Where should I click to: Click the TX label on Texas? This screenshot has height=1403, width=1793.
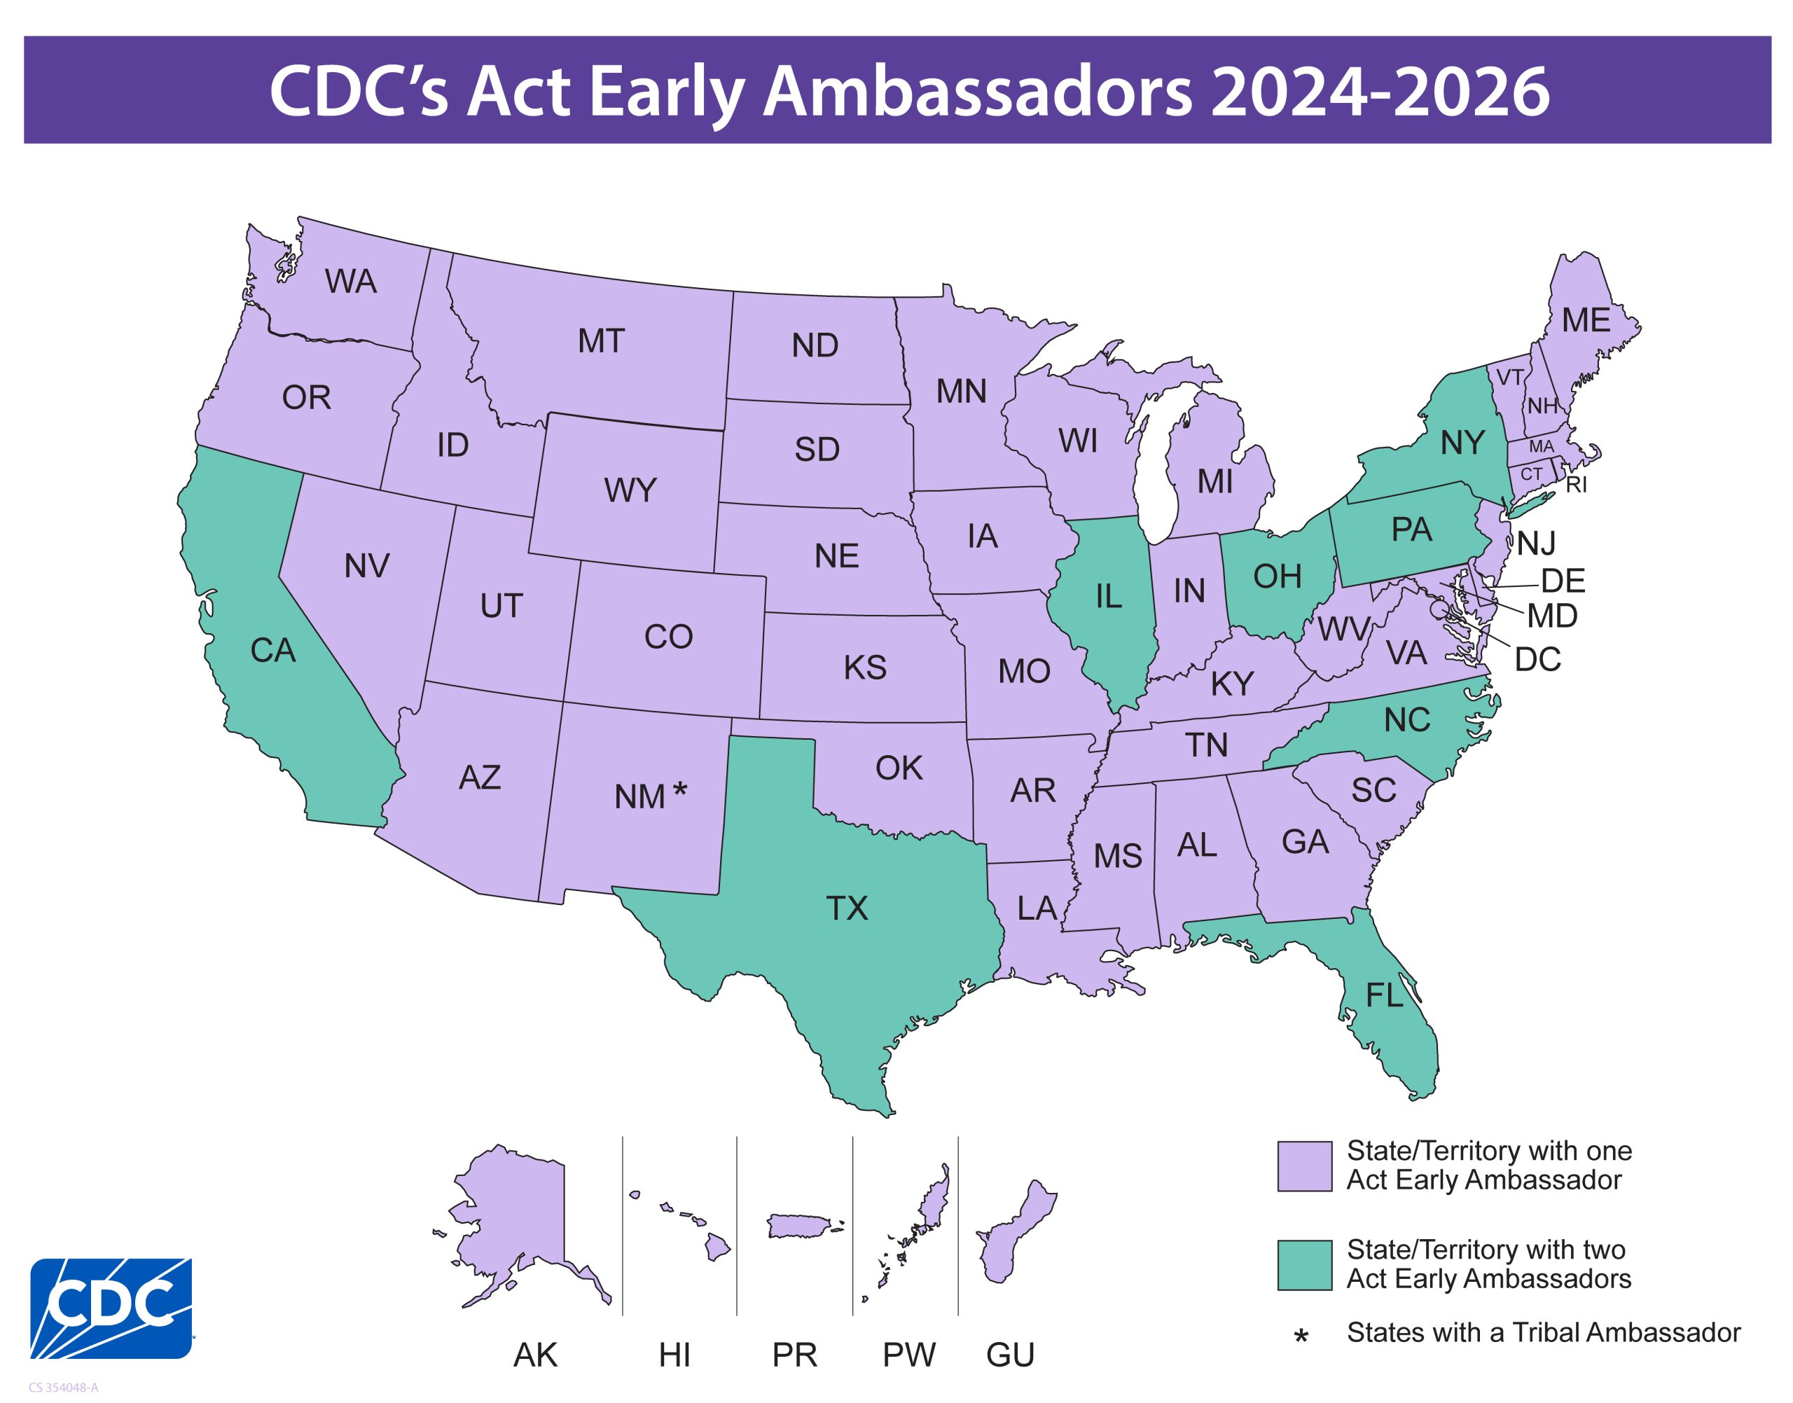846,908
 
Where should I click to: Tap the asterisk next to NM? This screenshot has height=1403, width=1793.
679,791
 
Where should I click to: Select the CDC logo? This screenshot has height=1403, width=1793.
111,1308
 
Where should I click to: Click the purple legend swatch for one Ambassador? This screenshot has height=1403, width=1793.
1304,1166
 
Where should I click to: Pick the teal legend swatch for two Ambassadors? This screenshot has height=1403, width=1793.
1304,1265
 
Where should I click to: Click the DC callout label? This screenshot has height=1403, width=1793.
1537,660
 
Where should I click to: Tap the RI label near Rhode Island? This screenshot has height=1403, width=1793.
1575,485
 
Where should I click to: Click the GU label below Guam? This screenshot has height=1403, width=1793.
1009,1355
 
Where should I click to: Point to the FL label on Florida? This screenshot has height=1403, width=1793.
1384,995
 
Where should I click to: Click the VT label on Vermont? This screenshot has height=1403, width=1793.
1509,378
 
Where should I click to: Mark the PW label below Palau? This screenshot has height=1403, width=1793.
908,1355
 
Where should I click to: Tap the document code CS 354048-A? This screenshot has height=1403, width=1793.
63,1388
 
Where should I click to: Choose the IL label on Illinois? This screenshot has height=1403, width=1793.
1108,596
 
